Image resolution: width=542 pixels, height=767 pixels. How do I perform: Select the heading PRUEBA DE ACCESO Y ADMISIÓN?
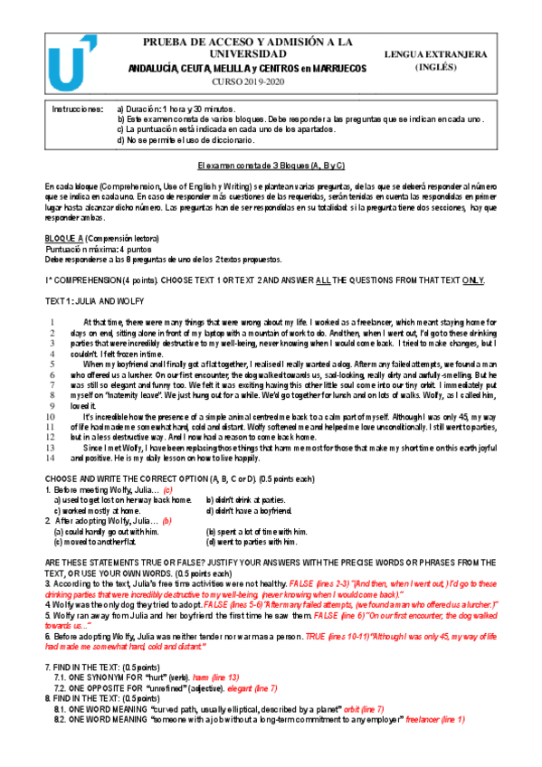pyautogui.click(x=246, y=48)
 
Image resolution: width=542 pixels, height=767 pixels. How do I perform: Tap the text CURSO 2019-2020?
pyautogui.click(x=246, y=81)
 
